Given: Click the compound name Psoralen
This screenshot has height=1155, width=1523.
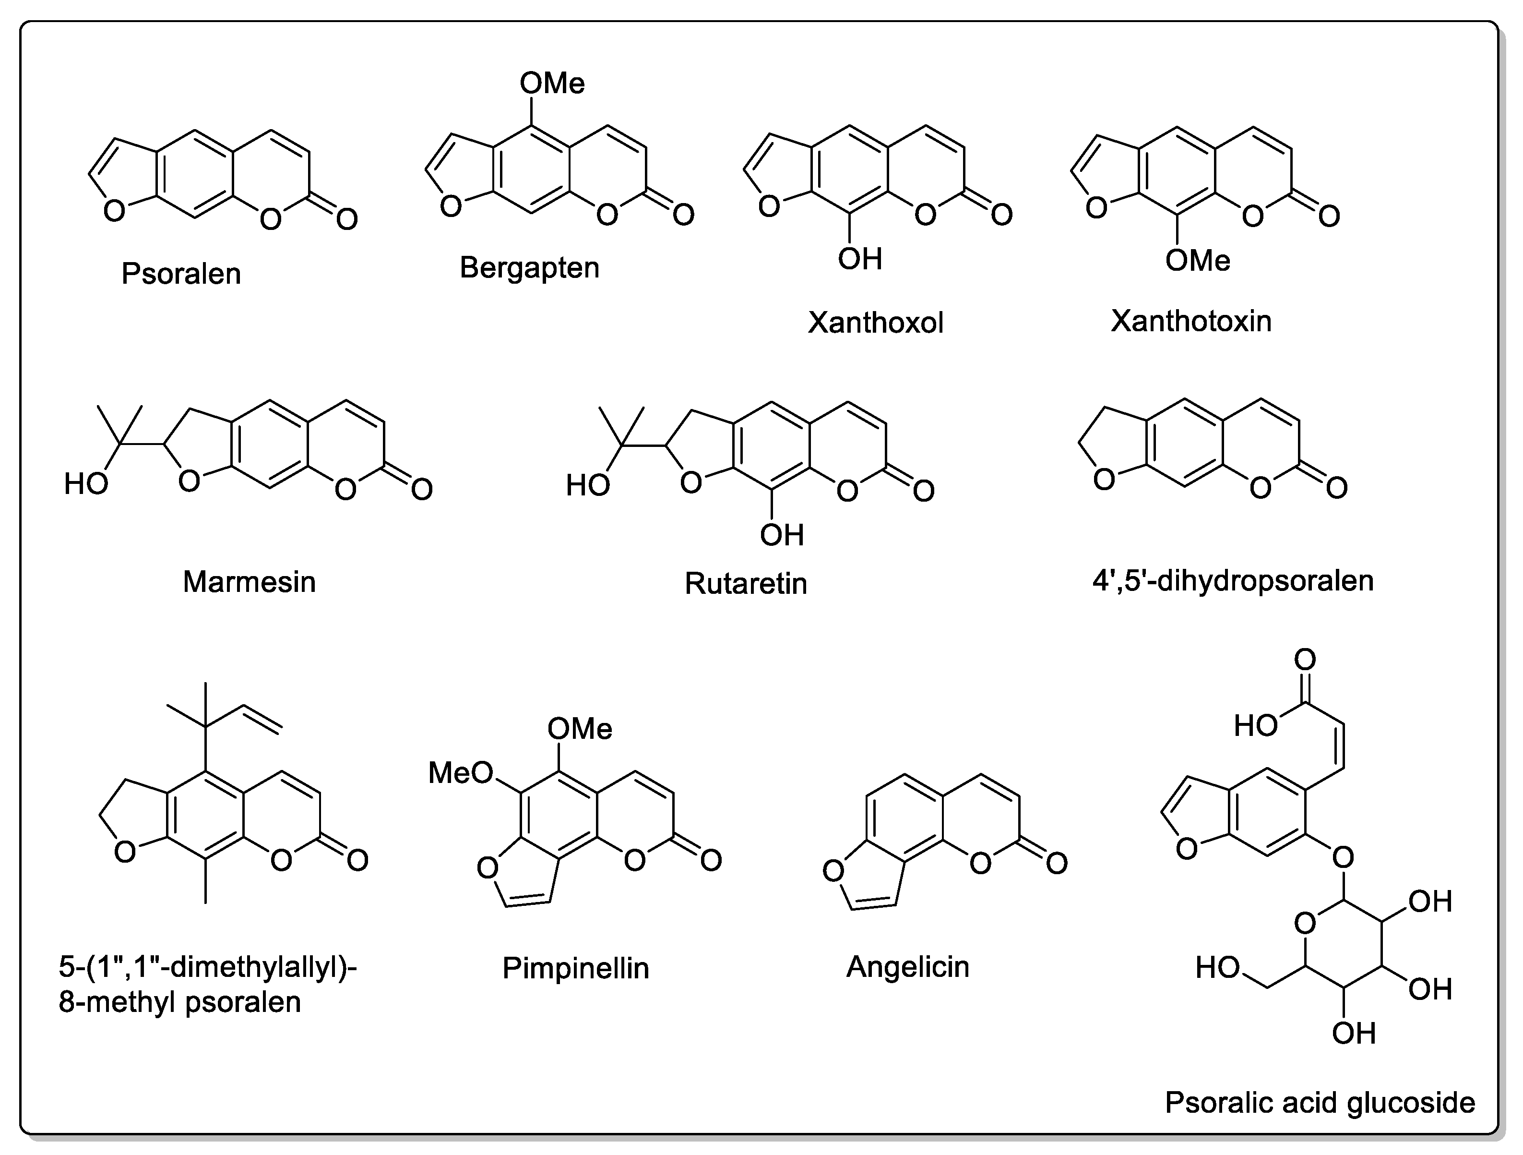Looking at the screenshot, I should point(181,274).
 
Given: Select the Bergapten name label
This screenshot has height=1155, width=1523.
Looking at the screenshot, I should point(529,267).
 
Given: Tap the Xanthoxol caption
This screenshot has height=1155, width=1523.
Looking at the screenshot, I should point(875,322).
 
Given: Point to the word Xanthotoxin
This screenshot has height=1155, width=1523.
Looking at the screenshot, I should point(1190,321).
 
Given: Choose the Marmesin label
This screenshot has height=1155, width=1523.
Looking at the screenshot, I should point(249,582).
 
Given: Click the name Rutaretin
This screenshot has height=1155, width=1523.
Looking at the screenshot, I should point(746,583).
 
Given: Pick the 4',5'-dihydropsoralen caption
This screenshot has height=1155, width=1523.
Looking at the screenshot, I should point(1232,580).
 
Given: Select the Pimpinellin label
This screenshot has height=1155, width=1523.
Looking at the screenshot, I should point(576,968).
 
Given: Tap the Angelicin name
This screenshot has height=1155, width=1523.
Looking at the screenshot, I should point(907,966).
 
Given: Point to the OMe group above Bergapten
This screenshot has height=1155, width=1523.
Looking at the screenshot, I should point(552,84).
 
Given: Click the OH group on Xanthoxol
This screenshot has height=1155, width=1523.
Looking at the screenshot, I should point(860,259).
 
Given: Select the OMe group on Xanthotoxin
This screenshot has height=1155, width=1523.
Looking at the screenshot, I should point(1197,260).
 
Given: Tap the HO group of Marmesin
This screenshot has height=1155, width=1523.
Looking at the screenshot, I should point(86,484).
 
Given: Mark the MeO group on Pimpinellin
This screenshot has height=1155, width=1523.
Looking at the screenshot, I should point(461,773).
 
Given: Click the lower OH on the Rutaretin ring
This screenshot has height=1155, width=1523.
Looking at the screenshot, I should point(782,535).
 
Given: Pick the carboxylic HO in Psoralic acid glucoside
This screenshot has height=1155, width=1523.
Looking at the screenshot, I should point(1256,726).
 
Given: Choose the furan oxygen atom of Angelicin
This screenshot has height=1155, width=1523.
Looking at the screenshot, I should point(833,872).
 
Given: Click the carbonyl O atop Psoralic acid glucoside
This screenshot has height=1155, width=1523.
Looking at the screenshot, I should point(1305,660).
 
